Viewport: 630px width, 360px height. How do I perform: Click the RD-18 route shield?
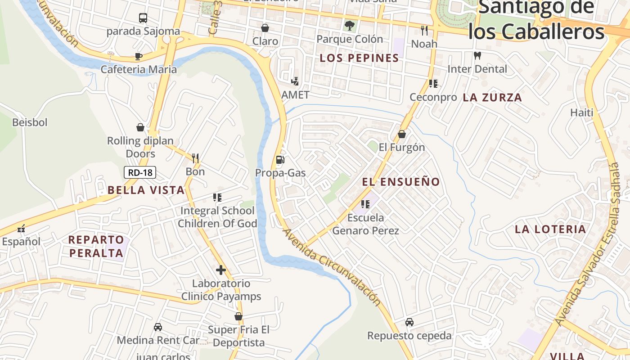[140, 172]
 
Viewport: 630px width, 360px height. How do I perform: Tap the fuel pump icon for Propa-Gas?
[280, 159]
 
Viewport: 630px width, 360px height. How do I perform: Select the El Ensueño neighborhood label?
[401, 182]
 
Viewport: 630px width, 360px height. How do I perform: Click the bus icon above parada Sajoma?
[143, 18]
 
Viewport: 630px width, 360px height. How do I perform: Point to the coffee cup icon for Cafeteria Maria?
[139, 56]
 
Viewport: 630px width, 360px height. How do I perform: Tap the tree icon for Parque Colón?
[349, 26]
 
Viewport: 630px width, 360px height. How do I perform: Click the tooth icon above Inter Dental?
[477, 56]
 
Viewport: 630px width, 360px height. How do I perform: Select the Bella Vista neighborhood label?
[146, 190]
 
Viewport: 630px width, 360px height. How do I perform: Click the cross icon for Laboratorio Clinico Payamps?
[220, 270]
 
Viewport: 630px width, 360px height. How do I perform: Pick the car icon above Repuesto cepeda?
[409, 322]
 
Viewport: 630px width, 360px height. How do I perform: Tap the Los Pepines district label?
[359, 58]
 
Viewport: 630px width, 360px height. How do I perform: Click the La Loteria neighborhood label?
[550, 229]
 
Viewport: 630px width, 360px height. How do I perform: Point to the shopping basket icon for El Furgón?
[401, 134]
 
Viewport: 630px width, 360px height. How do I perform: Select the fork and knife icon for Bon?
[195, 158]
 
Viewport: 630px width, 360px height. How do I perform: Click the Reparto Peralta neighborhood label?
[96, 246]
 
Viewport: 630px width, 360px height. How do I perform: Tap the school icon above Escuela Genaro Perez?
[365, 204]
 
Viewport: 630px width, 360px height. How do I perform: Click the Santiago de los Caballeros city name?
[536, 20]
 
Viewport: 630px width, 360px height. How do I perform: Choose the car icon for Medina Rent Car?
[157, 327]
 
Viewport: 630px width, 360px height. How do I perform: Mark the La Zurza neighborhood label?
[492, 98]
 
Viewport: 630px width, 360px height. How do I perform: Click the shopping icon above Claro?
[265, 28]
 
